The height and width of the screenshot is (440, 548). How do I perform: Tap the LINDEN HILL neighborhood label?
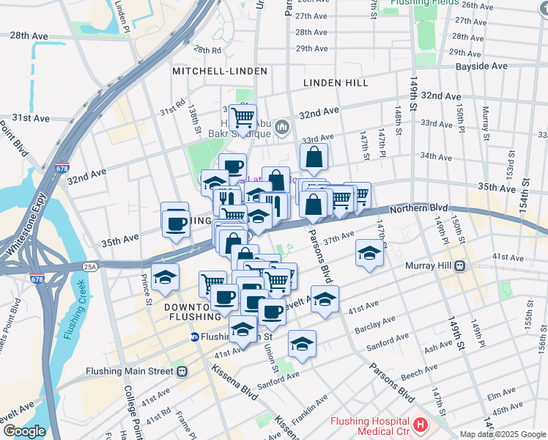tap(336, 83)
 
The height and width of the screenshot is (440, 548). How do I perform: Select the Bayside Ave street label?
tap(481, 66)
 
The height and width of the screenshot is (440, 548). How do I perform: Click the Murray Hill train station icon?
tap(459, 265)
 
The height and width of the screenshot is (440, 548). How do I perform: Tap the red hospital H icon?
tap(420, 425)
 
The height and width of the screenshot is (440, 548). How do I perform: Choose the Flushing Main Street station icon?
tap(180, 371)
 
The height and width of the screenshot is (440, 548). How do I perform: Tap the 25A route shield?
tap(89, 266)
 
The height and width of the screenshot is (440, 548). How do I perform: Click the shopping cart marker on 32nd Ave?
tap(242, 116)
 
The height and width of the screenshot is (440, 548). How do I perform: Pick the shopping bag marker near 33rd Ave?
tap(314, 156)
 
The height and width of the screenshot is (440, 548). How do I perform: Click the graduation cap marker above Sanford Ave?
tap(302, 342)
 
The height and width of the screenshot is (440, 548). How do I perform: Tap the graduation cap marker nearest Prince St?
tap(166, 277)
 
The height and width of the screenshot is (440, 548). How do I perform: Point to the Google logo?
tap(23, 431)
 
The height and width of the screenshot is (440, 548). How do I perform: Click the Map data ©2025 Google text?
tap(503, 434)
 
